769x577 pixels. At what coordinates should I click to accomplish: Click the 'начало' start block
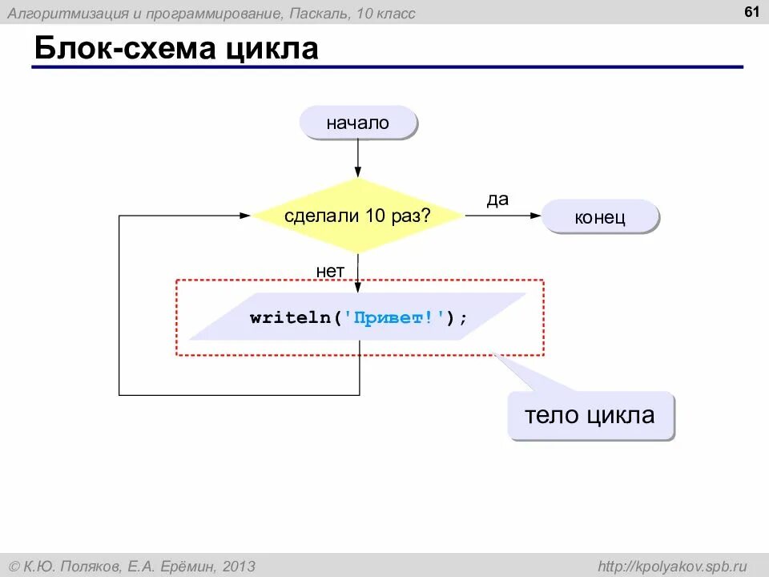(x=357, y=123)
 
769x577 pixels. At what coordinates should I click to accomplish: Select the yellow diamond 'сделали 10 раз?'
(x=358, y=216)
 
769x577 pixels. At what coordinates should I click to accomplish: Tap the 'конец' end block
(x=600, y=217)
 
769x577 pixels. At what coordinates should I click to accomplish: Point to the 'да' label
(x=497, y=200)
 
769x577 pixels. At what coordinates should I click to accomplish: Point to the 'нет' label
(x=329, y=271)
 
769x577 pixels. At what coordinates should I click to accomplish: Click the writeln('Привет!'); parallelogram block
(x=358, y=317)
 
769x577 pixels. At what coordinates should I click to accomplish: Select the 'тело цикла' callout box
(x=590, y=415)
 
